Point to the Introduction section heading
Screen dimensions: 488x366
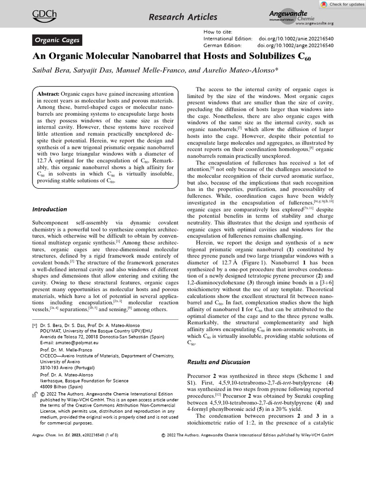tap(50, 209)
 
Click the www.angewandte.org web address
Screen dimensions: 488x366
tap(315, 23)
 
